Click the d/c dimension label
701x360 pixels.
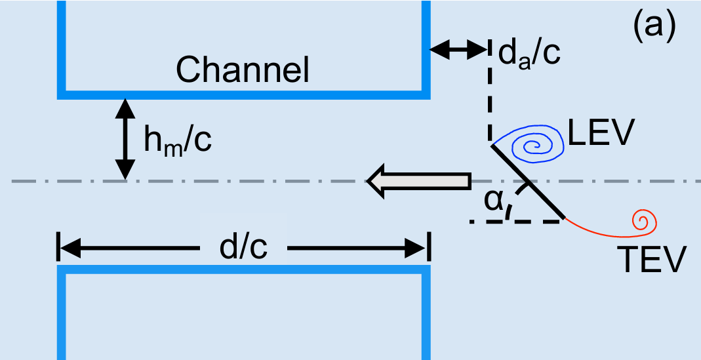point(243,249)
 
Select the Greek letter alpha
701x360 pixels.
point(494,201)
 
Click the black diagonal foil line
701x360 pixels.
point(528,182)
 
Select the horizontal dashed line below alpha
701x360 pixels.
point(518,222)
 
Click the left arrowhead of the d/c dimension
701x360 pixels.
point(69,249)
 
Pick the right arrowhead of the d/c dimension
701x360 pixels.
point(418,249)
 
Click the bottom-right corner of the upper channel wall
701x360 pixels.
point(426,96)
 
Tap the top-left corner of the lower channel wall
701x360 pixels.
point(62,270)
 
